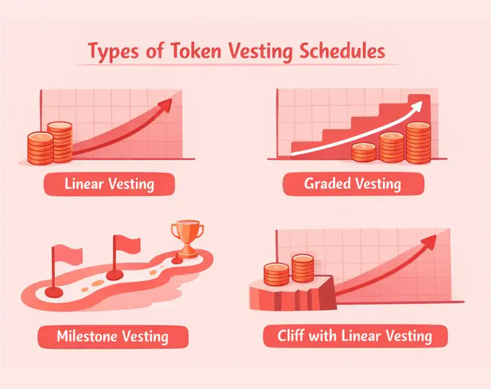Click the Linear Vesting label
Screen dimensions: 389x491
[x=109, y=184]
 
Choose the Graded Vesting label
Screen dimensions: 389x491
[x=353, y=184]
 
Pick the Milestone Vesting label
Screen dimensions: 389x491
[x=112, y=336]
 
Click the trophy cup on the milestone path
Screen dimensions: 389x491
[x=187, y=238]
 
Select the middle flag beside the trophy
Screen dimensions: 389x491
[x=125, y=244]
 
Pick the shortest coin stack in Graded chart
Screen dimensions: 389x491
[x=364, y=152]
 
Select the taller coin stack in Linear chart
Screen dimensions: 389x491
[x=60, y=141]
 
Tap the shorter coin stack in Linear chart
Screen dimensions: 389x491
[x=40, y=148]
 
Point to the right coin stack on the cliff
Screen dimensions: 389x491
[x=303, y=268]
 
